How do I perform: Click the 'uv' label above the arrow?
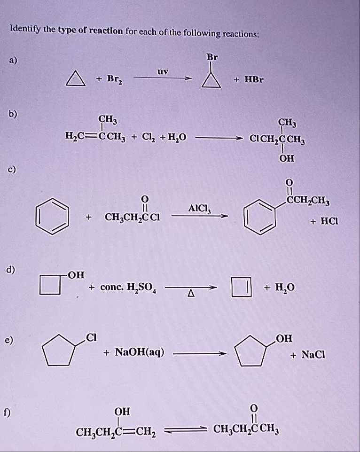(x=163, y=71)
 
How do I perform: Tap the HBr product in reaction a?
(x=254, y=79)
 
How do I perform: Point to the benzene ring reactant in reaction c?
(x=52, y=216)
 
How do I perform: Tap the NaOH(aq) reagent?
(x=140, y=352)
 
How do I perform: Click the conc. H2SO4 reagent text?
(x=128, y=288)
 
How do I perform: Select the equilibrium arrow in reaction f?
(x=186, y=429)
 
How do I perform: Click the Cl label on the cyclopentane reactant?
(x=91, y=337)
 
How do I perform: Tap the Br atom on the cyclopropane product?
(x=212, y=57)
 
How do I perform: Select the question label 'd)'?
(x=11, y=270)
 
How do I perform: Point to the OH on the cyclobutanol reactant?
(x=77, y=275)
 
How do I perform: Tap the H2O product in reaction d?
(x=285, y=288)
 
